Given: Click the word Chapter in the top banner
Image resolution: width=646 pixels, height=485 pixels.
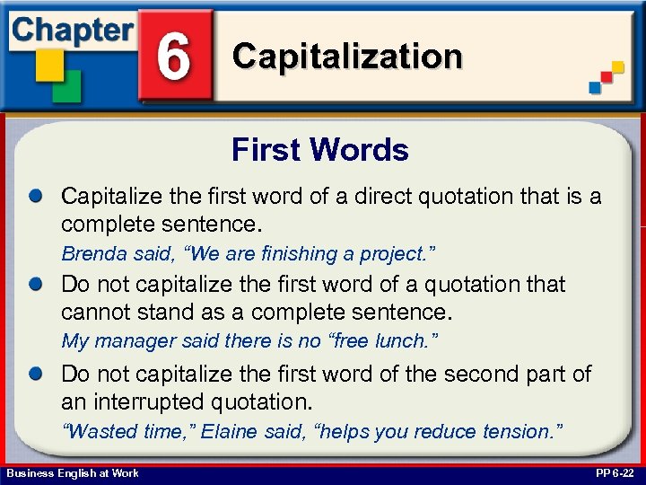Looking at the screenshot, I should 71,30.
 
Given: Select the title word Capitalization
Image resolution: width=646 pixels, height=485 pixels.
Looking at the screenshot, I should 347,57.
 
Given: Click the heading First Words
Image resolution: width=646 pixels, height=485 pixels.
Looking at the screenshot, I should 320,149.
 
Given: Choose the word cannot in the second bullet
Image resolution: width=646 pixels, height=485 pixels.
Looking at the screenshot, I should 95,313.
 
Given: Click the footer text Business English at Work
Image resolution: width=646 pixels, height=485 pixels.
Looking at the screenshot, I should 73,473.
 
